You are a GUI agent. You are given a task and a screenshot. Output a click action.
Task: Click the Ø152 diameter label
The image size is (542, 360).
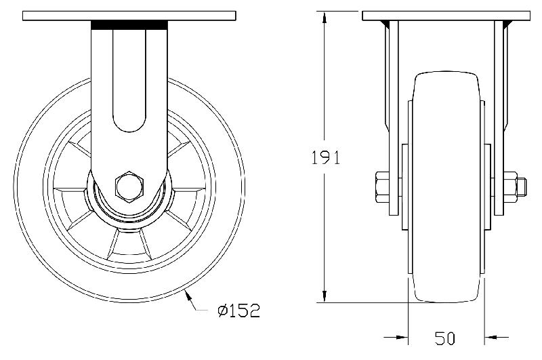[238, 311]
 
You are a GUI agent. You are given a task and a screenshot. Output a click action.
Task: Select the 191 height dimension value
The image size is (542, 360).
[325, 157]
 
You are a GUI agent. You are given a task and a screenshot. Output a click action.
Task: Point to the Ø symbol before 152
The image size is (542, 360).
[222, 311]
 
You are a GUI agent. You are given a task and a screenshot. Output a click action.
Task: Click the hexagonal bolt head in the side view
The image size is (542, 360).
[129, 186]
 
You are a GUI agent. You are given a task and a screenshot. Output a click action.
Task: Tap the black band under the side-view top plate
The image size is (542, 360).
[129, 25]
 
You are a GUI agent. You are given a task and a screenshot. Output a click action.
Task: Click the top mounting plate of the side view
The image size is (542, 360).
[129, 16]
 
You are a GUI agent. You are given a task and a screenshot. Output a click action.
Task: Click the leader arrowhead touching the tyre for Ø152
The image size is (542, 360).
[188, 294]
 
